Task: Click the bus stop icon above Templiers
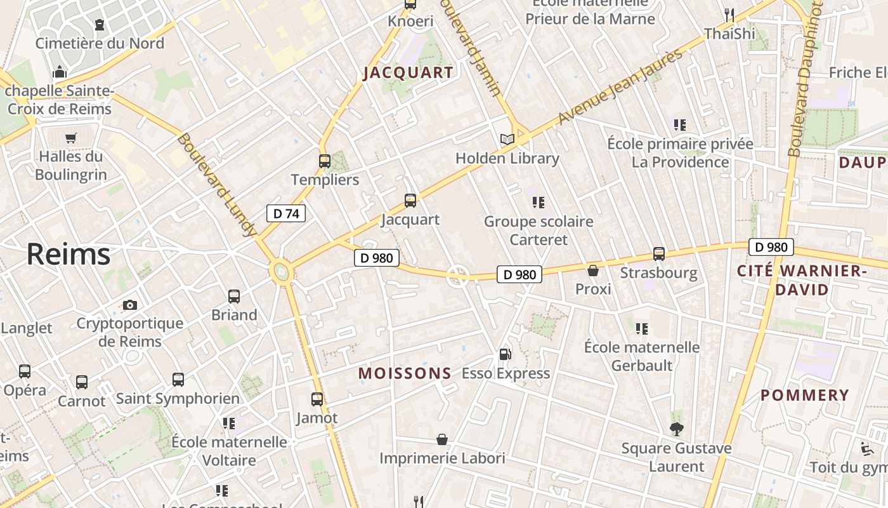[x=324, y=161]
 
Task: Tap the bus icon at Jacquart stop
[x=410, y=201]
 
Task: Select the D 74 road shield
[x=285, y=213]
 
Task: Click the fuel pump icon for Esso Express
[x=505, y=354]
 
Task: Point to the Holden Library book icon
[x=507, y=139]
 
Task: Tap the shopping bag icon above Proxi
[x=593, y=271]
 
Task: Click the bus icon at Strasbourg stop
[x=659, y=254]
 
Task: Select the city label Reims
[x=69, y=255]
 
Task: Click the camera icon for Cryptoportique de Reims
[x=130, y=305]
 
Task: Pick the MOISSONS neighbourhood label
[x=405, y=373]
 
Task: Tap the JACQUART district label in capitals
[x=408, y=72]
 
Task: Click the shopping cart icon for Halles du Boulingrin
[x=71, y=138]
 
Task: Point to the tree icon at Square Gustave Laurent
[x=677, y=429]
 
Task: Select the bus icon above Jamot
[x=317, y=399]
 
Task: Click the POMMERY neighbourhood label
[x=804, y=395]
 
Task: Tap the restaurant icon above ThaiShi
[x=729, y=15]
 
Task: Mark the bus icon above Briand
[x=234, y=296]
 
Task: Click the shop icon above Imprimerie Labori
[x=442, y=439]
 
